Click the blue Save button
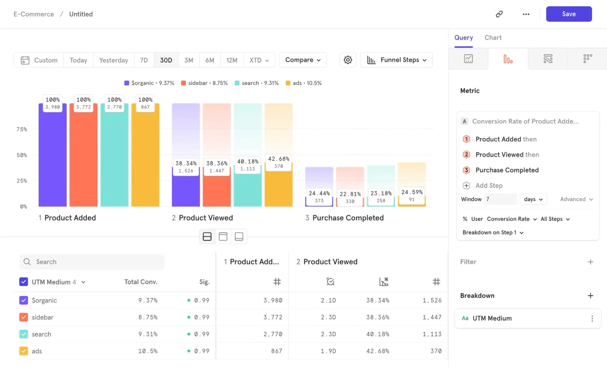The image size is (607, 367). pos(569,14)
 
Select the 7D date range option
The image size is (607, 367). pos(144,60)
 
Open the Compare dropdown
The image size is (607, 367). pos(303,60)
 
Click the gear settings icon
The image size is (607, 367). pos(348,60)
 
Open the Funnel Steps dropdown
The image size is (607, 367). pos(396,60)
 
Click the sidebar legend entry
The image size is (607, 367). pos(204,83)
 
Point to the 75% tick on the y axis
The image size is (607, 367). pos(22,129)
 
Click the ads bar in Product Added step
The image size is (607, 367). pos(145,158)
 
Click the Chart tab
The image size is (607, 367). pos(493,38)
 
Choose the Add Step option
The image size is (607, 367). pos(489,185)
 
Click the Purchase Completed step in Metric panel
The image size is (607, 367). pos(507,170)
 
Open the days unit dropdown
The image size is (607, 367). pos(533,199)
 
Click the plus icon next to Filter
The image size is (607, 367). pos(590,262)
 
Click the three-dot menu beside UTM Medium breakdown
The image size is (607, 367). pos(592,318)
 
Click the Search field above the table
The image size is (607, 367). pos(92,262)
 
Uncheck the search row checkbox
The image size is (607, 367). pos(24,334)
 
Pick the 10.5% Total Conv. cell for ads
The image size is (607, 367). pos(148,351)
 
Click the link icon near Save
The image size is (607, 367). pos(499,14)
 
